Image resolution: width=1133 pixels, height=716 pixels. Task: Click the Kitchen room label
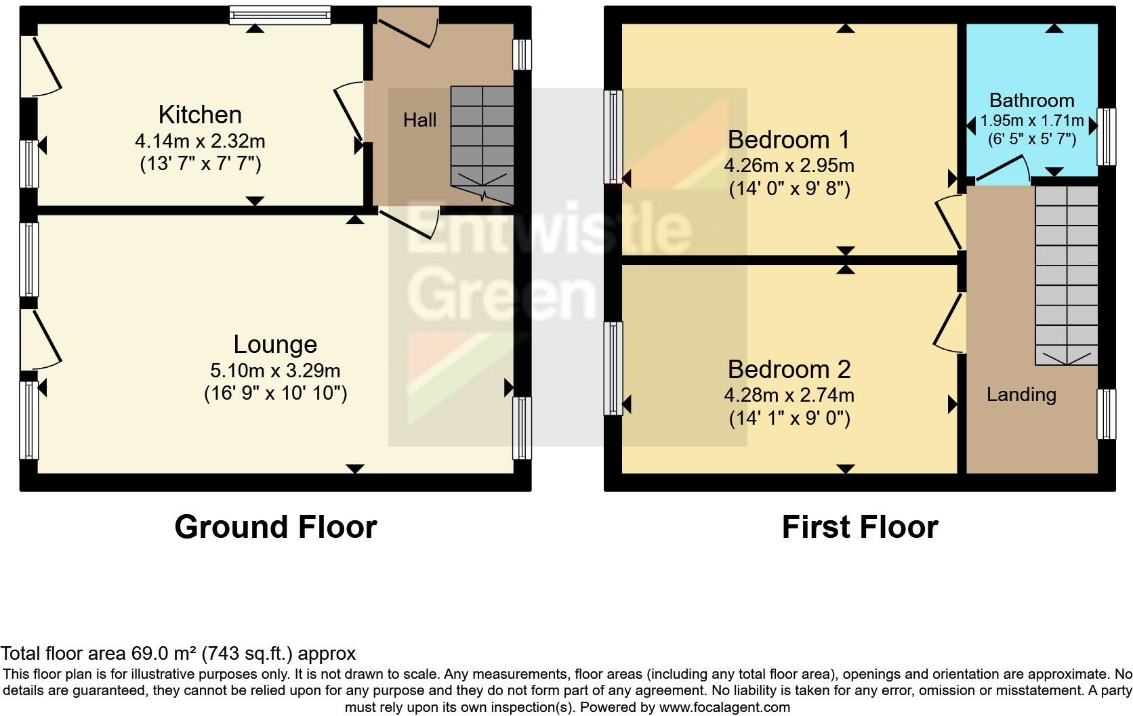pos(200,114)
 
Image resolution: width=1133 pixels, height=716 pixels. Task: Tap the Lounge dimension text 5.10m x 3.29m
pos(275,371)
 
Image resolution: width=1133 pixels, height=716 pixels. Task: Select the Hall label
pos(419,121)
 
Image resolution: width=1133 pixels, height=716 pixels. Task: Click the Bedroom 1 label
pos(789,140)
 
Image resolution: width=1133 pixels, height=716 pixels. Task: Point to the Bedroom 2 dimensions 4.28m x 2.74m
pos(789,395)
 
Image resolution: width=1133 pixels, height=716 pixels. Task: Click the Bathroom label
pos(1031,100)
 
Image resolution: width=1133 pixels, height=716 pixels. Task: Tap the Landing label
pos(1021,394)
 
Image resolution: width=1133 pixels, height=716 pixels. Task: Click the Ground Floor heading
pos(275,527)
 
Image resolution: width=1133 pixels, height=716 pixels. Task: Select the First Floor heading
pos(859,527)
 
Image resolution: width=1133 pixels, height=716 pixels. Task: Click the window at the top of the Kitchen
pos(279,15)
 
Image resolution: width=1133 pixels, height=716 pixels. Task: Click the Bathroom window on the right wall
pos(1106,136)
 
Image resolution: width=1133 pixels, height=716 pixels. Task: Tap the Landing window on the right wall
pos(1106,414)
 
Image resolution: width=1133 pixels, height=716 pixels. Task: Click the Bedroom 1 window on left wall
pos(613,136)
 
